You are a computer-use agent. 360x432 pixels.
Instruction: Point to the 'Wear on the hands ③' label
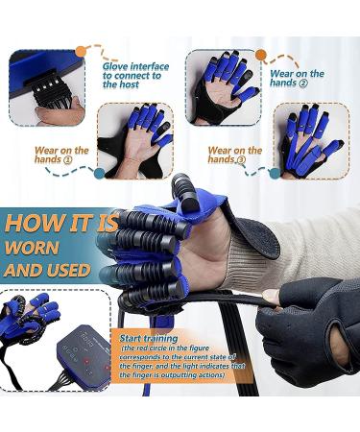coord(235,156)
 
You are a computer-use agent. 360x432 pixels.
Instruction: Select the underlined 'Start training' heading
coord(150,339)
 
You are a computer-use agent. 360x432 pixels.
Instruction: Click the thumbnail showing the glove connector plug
coord(46,87)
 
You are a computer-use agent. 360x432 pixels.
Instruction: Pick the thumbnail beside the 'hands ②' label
coord(223,86)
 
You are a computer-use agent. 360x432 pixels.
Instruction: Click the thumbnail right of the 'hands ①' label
coord(135,141)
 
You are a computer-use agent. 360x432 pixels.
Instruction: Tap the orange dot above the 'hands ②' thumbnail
coord(260,55)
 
